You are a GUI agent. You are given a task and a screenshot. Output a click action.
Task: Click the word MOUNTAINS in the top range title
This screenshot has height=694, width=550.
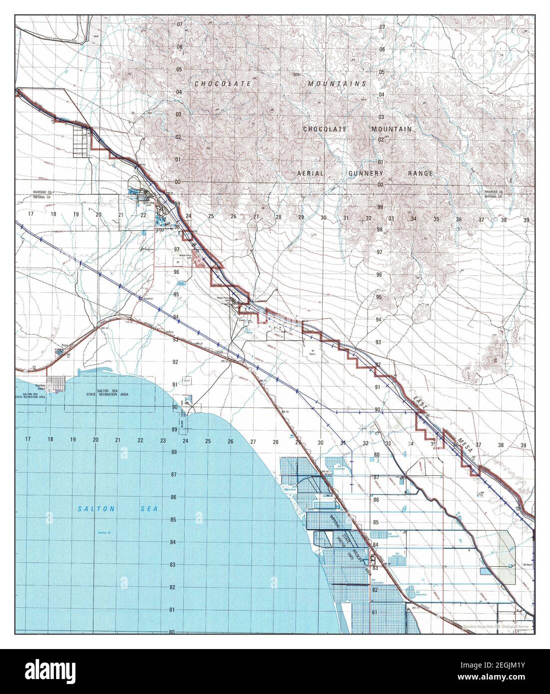point(337,84)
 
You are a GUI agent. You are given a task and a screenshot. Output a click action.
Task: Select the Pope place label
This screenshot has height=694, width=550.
point(64,345)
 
